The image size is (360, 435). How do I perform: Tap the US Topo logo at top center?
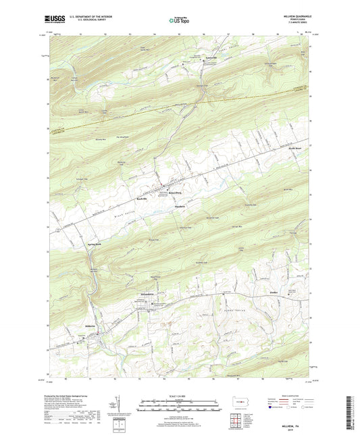(x=180, y=20)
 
